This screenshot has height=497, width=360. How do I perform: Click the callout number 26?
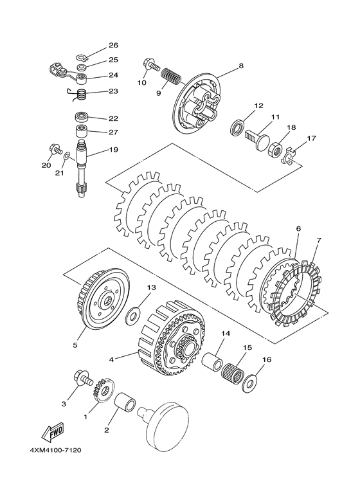(113, 46)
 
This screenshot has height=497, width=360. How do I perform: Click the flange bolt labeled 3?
(84, 377)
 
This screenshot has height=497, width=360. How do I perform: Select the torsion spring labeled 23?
(80, 95)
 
